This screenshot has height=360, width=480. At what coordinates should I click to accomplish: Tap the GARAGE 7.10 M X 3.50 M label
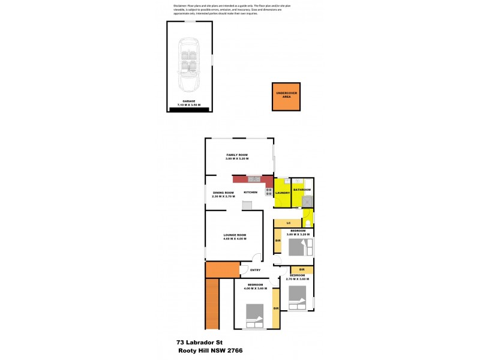[x=189, y=103]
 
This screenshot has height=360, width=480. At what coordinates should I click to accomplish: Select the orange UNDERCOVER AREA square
[x=286, y=97]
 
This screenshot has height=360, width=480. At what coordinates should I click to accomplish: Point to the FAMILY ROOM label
[x=237, y=156]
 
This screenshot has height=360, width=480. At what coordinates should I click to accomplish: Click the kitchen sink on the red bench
[x=253, y=179]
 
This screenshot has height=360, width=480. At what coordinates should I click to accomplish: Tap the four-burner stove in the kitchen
[x=268, y=193]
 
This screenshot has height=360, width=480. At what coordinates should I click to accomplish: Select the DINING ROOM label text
[x=223, y=193]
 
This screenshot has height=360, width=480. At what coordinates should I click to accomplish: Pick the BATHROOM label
[x=302, y=190]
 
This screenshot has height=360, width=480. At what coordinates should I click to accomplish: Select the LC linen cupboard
[x=288, y=223]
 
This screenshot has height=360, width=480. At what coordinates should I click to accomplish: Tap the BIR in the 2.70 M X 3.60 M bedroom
[x=302, y=269]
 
